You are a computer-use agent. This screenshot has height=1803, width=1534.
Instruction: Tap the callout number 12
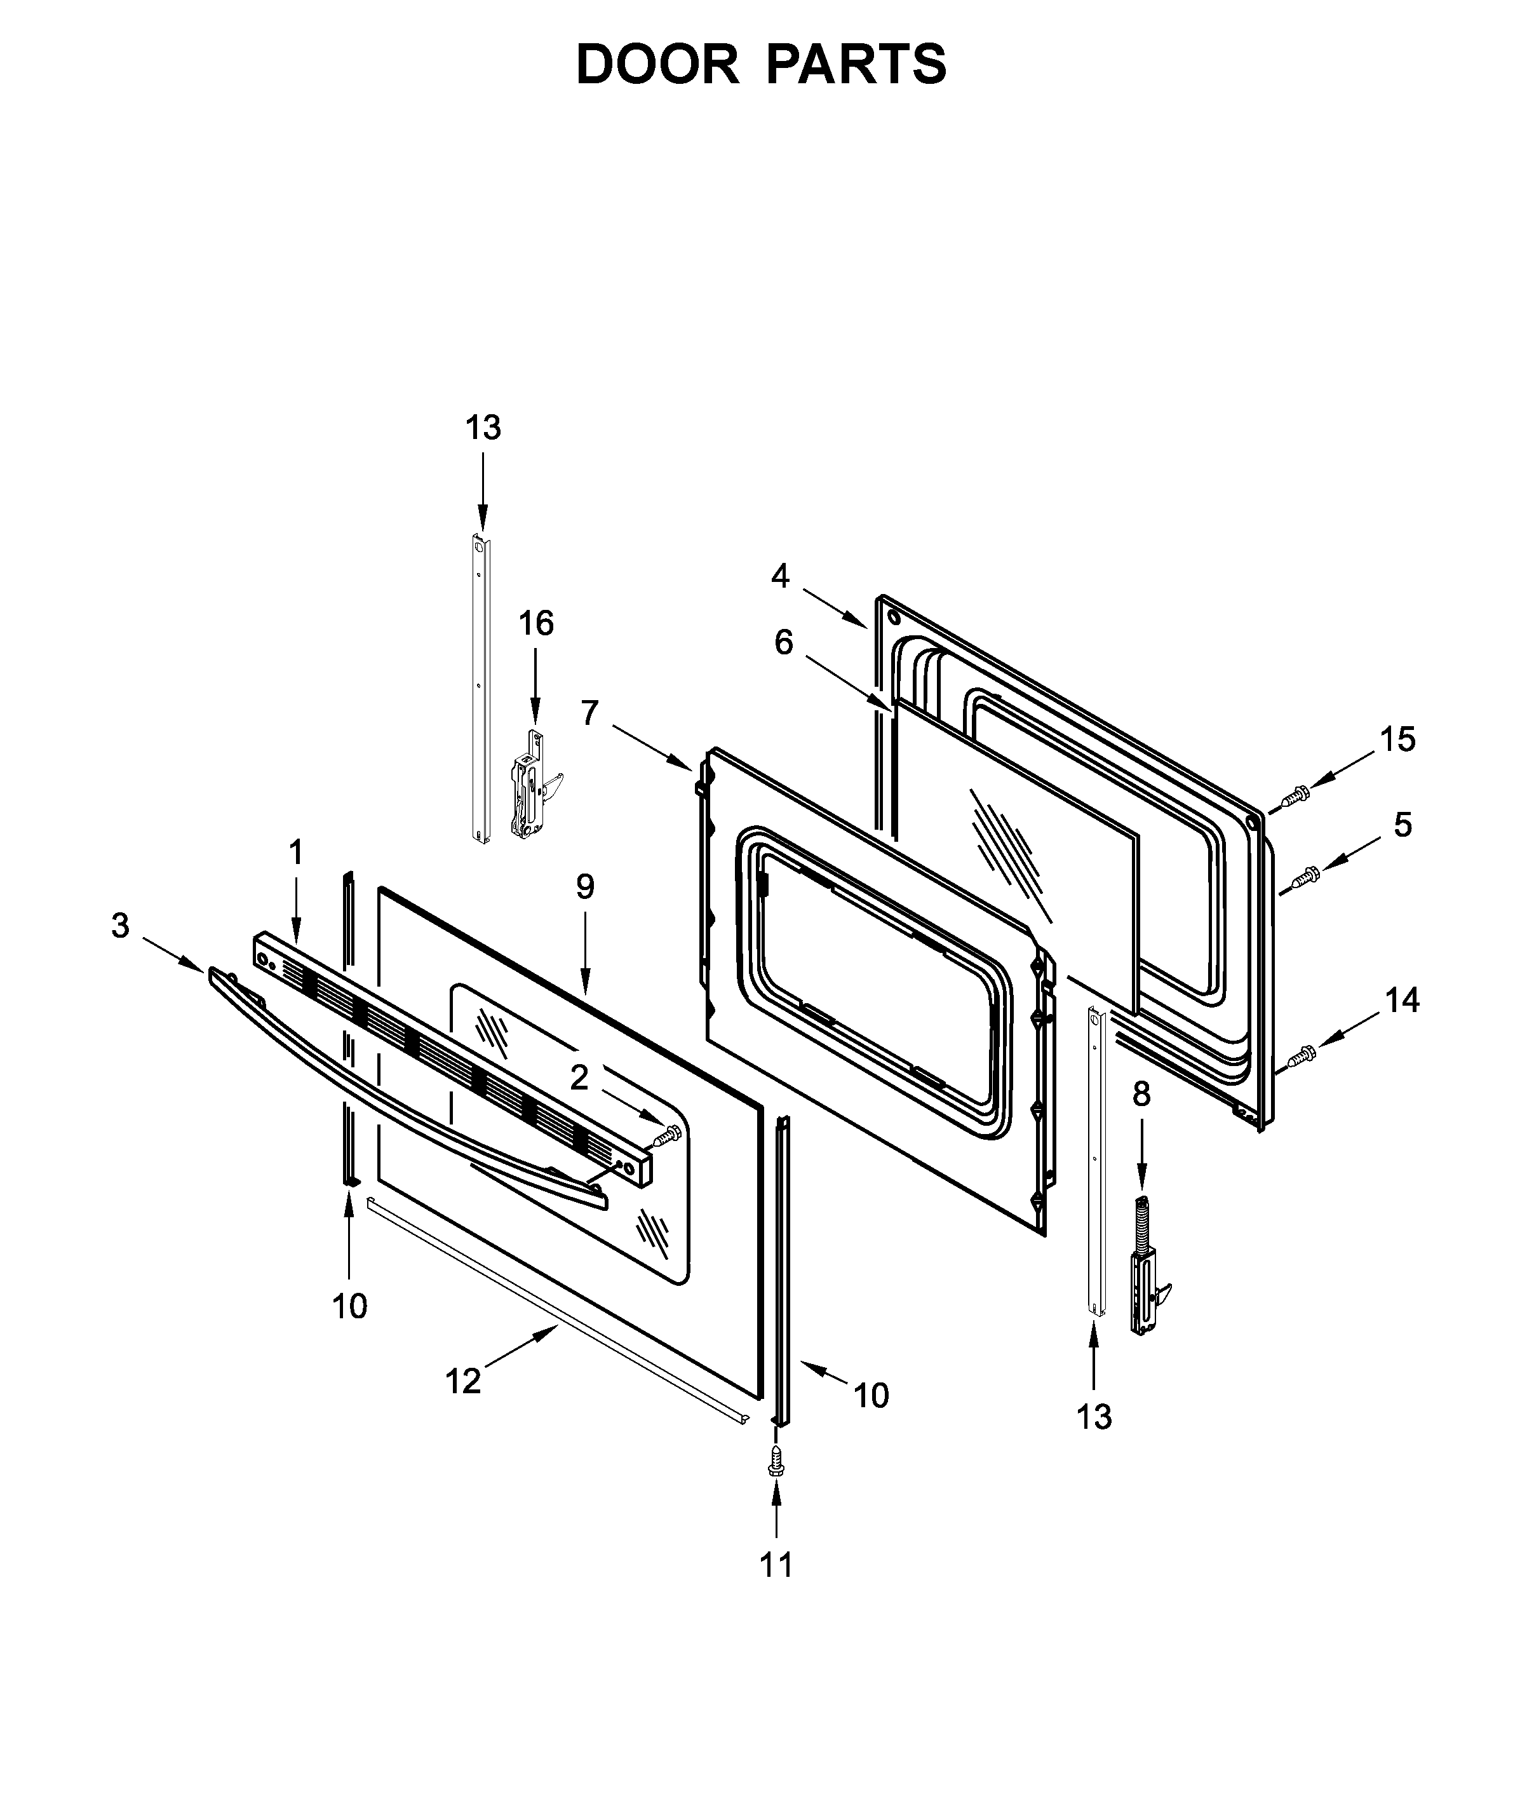(462, 1381)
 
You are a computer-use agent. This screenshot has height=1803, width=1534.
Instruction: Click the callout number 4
(780, 576)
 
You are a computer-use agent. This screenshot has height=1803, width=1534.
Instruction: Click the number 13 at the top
(483, 428)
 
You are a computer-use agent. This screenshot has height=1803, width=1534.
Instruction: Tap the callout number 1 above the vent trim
(295, 853)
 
